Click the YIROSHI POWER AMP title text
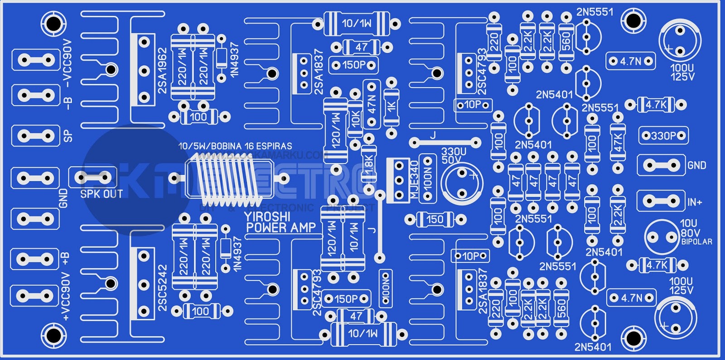point(280,222)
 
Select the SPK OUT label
point(101,194)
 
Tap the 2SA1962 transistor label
point(163,71)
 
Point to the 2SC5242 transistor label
point(163,288)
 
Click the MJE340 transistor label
point(414,179)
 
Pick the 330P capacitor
point(663,135)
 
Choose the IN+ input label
point(695,202)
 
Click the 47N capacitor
point(372,104)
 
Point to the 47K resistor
point(617,142)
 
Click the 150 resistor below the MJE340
point(435,220)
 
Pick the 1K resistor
point(391,107)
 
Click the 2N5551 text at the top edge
point(594,12)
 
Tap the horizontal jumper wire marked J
point(445,142)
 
